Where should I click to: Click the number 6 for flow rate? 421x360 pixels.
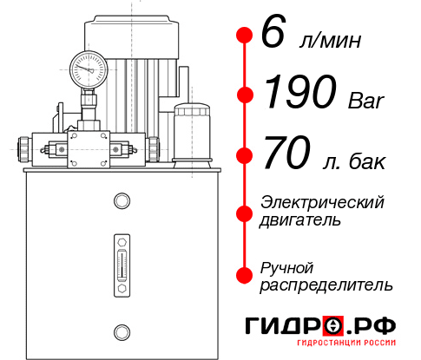point(273,35)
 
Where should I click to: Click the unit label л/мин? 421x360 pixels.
point(328,41)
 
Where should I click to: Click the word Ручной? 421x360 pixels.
point(286,266)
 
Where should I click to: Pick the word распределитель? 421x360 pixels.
point(326,285)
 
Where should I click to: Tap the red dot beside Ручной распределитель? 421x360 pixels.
point(245,275)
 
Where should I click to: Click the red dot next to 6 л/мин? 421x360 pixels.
point(245,36)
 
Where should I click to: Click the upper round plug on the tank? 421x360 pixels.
point(122,202)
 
